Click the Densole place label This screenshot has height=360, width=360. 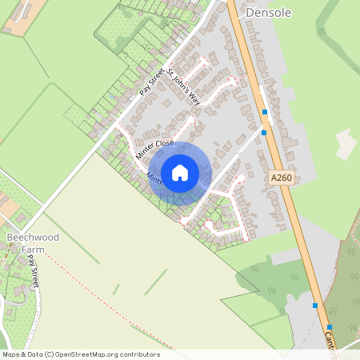click(269, 14)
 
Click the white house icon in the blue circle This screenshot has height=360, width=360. click(180, 173)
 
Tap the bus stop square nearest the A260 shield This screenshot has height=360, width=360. click(264, 133)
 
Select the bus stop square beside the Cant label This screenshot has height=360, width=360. click(330, 327)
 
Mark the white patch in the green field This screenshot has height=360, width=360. click(346, 144)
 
